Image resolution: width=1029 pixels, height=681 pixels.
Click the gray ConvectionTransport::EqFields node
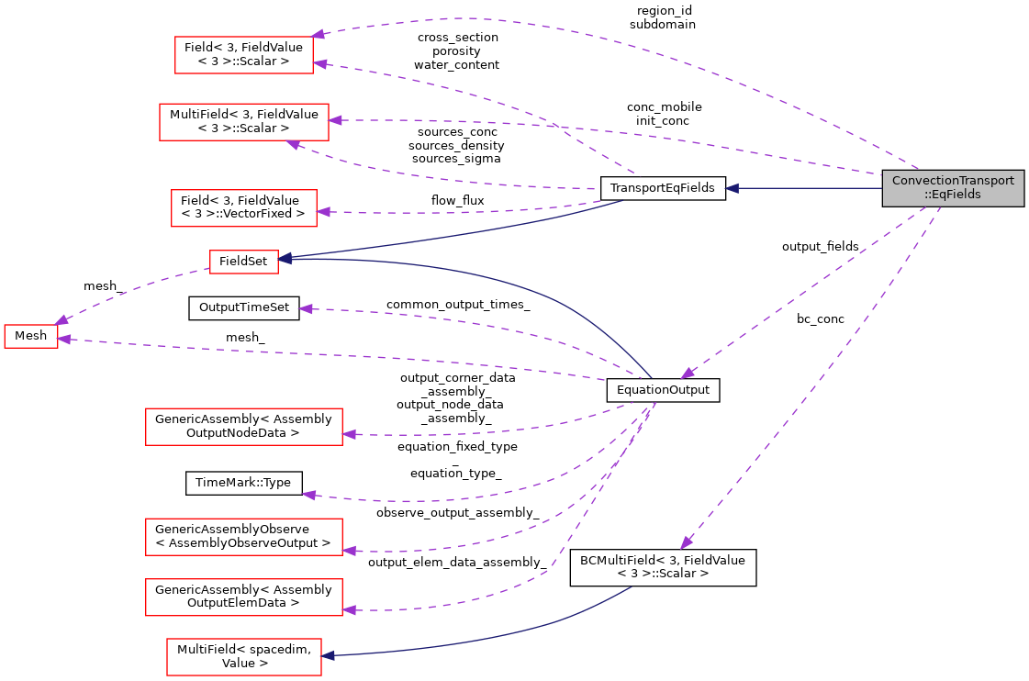[953, 188]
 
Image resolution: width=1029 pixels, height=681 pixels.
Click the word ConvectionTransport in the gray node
[953, 181]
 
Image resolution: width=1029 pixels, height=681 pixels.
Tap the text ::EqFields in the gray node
[953, 195]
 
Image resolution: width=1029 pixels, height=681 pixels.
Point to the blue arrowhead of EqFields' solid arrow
[732, 188]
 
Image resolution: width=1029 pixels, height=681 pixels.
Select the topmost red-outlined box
[244, 55]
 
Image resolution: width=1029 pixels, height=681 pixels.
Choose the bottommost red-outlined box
[244, 657]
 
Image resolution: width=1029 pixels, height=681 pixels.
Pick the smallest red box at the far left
[31, 336]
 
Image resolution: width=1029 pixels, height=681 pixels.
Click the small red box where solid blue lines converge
[244, 262]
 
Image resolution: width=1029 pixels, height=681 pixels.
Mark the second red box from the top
[244, 122]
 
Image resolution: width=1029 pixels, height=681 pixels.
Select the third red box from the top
[244, 208]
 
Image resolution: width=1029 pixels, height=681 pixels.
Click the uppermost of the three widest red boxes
[244, 427]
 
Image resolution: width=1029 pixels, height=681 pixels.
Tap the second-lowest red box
[244, 597]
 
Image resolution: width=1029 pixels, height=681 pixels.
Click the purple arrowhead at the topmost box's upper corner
[319, 34]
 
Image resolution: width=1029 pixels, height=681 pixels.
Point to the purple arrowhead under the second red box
[293, 144]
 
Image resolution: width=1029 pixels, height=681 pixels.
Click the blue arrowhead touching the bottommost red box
[328, 655]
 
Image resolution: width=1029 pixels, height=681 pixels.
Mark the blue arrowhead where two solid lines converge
[285, 259]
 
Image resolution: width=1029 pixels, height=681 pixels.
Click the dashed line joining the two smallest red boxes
[133, 289]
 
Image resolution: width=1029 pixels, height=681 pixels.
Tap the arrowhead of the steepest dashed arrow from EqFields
[686, 543]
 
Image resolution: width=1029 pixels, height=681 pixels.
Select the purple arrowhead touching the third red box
[323, 212]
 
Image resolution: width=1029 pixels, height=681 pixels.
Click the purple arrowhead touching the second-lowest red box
[349, 609]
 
